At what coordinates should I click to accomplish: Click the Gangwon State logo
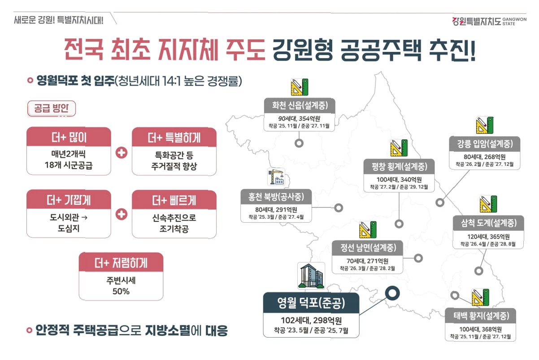click(483, 21)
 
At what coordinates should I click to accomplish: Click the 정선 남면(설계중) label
click(368, 247)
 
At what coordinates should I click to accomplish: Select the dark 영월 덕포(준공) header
click(311, 304)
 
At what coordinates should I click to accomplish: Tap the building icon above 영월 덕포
click(311, 276)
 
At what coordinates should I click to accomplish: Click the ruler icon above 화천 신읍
click(299, 87)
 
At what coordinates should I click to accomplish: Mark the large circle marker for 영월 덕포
click(392, 294)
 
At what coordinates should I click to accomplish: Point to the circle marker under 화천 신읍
click(299, 143)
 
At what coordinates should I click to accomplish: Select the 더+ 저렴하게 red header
click(121, 263)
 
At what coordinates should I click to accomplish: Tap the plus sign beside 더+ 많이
click(121, 152)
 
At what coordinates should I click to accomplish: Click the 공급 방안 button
click(52, 108)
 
